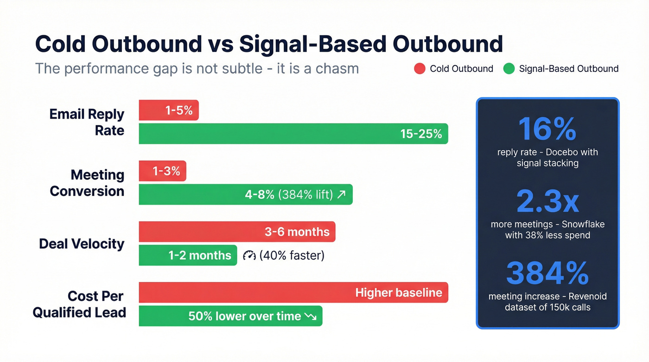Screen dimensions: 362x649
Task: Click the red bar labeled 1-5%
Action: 169,110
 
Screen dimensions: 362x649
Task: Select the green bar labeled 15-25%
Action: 293,134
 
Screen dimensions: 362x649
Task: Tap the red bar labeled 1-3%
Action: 163,171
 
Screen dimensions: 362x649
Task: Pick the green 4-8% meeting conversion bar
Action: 245,195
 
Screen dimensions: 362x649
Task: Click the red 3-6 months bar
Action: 237,232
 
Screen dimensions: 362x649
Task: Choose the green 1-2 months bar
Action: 188,255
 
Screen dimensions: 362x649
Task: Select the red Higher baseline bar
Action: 293,292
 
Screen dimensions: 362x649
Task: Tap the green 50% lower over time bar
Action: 230,316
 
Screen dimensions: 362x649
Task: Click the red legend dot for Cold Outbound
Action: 420,69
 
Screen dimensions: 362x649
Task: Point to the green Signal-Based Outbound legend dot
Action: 509,69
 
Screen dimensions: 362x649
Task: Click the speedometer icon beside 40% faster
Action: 249,255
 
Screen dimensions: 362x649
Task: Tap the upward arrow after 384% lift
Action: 341,195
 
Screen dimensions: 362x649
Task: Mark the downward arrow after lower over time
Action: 310,317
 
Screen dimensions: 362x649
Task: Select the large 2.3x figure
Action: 547,202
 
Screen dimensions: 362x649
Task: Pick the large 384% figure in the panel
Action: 547,273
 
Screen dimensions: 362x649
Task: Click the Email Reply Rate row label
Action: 87,122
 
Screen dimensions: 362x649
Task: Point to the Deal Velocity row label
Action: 82,244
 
